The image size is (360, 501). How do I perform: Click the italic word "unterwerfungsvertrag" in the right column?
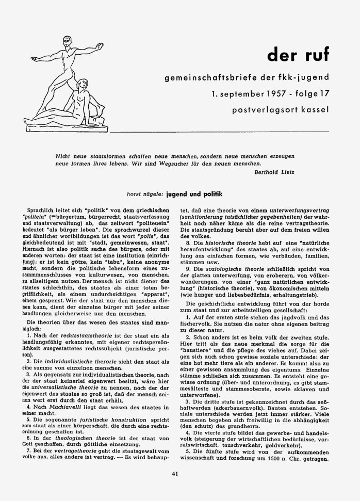(x=293, y=211)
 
